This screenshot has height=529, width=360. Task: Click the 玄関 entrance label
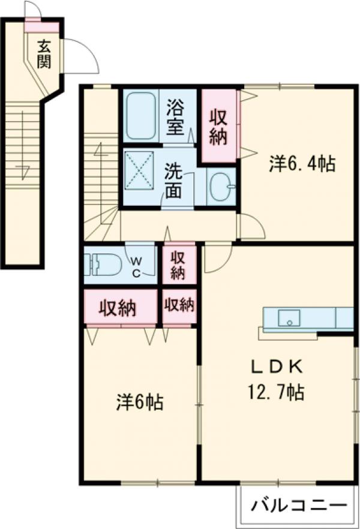point(44,54)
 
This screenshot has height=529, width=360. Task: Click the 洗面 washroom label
point(173,181)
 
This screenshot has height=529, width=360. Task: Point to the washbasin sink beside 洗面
point(221,186)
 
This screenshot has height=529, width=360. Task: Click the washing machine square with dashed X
point(139,170)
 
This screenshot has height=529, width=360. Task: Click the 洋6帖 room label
point(140,402)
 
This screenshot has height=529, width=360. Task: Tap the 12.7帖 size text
point(277,392)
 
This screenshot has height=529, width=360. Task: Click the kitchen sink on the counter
point(289,318)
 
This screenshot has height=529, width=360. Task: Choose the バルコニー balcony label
point(299,505)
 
